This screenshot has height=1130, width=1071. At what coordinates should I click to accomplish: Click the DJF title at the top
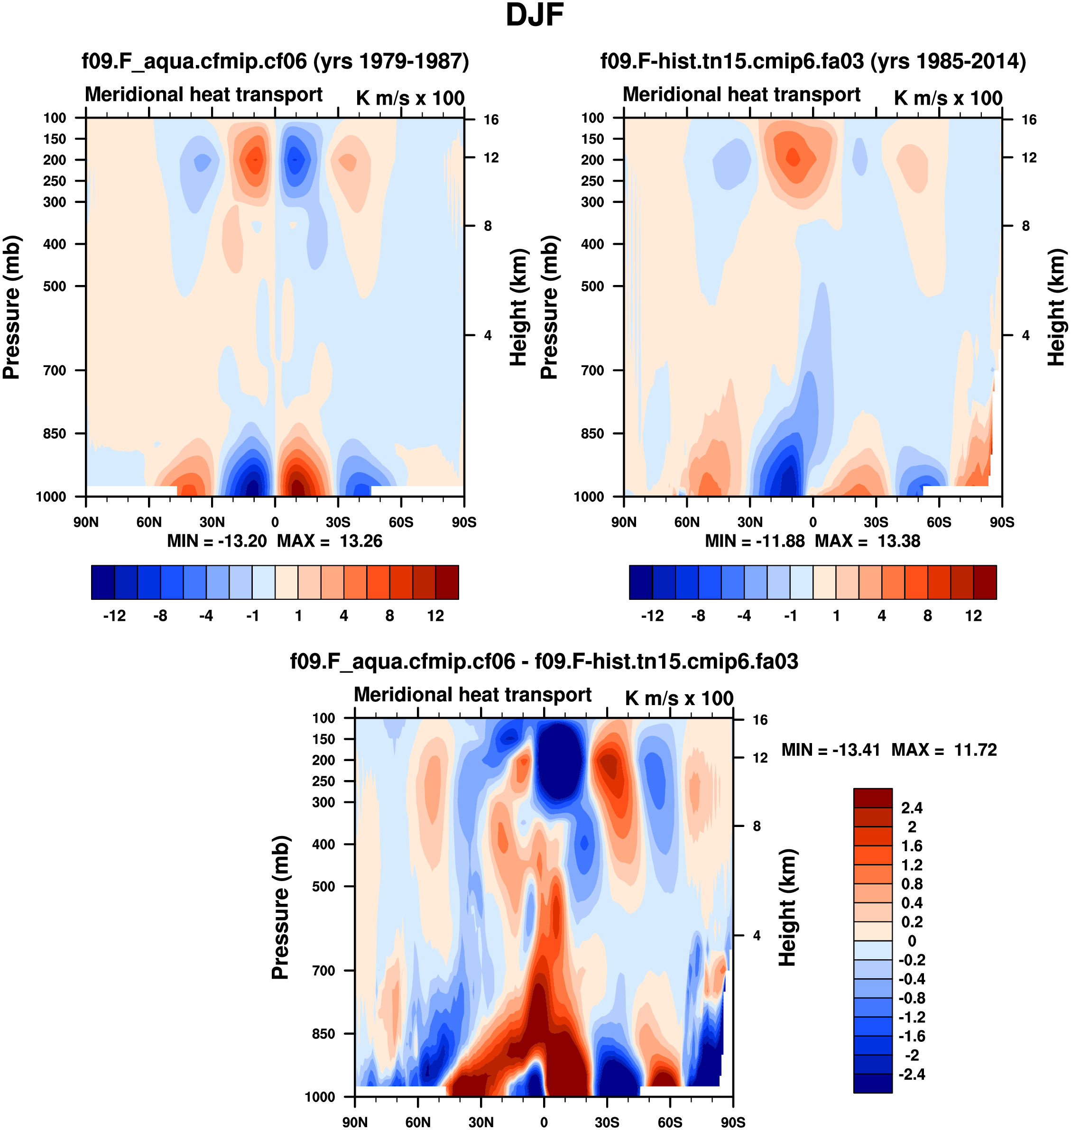click(535, 15)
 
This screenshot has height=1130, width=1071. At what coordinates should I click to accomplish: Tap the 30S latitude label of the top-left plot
click(338, 522)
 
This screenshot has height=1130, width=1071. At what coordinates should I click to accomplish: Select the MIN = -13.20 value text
click(217, 541)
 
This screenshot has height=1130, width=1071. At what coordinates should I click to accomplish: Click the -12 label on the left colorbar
click(114, 616)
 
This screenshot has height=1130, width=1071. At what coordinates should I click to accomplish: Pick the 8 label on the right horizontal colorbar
click(927, 616)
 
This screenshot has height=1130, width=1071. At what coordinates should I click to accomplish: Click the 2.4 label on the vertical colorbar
click(912, 808)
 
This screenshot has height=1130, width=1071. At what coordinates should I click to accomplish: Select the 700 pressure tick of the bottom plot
click(323, 971)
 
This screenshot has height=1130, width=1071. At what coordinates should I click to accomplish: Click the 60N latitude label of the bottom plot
click(418, 1122)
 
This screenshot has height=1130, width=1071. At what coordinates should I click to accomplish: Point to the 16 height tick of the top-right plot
click(1029, 120)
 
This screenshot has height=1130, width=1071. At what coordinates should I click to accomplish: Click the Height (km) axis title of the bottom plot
click(787, 908)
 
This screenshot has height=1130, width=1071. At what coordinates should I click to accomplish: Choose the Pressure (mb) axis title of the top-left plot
click(11, 307)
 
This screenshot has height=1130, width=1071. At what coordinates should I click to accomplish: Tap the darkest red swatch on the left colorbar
click(447, 582)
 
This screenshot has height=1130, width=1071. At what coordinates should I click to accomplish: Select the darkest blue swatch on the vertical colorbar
click(872, 1083)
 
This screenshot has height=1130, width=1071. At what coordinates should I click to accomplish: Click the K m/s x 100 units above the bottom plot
click(679, 698)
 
